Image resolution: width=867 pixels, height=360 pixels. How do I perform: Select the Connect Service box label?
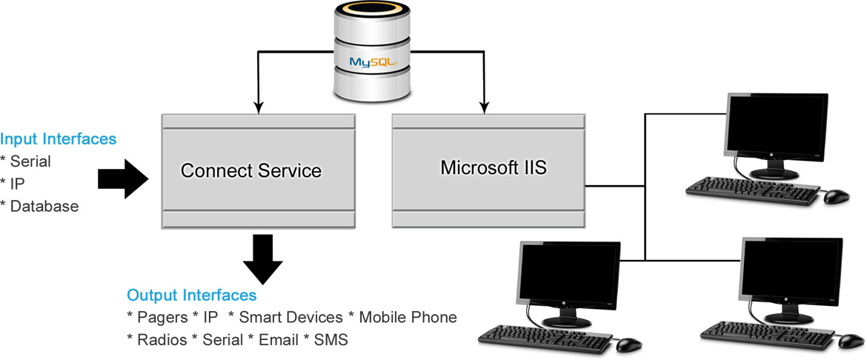251,171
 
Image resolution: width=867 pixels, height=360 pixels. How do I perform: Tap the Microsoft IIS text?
494,167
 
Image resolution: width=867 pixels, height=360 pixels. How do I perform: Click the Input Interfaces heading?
59,139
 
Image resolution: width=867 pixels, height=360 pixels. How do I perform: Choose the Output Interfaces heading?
192,296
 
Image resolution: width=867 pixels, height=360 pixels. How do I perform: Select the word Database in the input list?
44,207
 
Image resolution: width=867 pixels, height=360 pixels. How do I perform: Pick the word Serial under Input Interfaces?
30,161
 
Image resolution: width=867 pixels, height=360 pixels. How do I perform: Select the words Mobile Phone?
408,318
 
